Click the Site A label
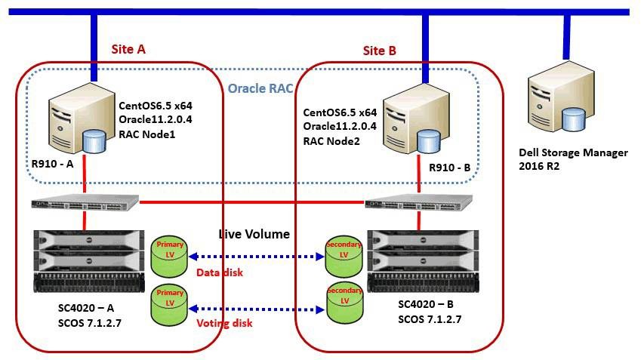128,49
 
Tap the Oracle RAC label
260,88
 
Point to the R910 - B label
449,169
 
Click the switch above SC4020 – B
418,203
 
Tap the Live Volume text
254,235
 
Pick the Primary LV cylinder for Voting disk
170,302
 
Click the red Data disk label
220,272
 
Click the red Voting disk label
223,323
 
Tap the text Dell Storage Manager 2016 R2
573,158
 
